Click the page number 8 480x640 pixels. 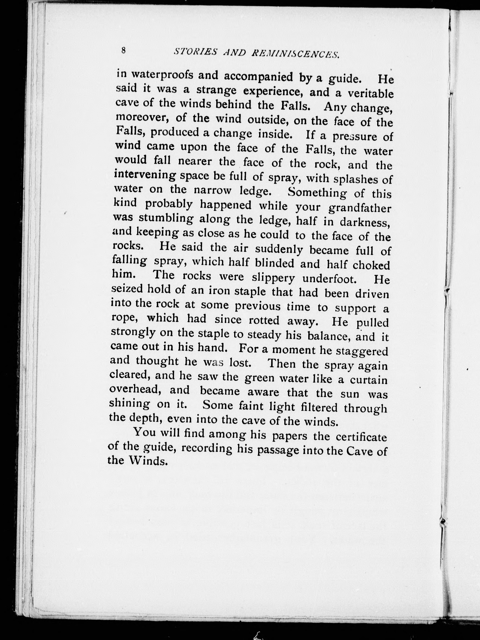tap(124, 50)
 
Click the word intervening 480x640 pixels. tap(145, 175)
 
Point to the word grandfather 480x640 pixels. tap(360, 208)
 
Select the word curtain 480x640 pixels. tap(368, 379)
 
